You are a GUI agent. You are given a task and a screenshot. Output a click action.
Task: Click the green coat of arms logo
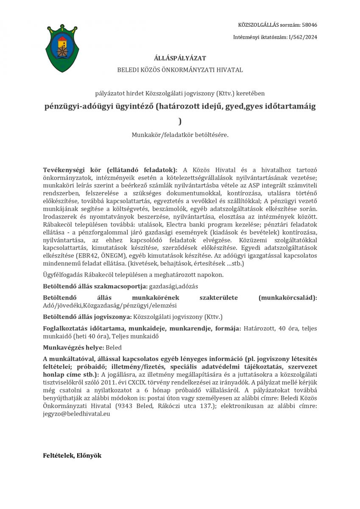[x=62, y=48]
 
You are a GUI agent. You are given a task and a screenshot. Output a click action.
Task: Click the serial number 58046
[x=310, y=25]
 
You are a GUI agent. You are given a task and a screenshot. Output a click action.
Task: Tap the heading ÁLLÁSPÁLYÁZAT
[x=180, y=58]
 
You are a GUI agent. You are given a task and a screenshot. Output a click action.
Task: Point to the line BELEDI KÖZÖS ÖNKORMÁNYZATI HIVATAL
[x=180, y=70]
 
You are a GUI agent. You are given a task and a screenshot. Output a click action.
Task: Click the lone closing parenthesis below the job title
[x=180, y=121]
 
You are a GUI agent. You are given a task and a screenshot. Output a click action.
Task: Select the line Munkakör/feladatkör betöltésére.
[x=180, y=135]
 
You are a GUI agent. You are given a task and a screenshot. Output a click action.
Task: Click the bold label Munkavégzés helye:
[x=73, y=347]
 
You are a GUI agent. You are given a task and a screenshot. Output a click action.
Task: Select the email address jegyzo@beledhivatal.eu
[x=76, y=414]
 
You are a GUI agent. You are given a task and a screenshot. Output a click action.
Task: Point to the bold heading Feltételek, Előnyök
[x=72, y=456]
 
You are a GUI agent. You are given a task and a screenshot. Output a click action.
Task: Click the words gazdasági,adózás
[x=173, y=286]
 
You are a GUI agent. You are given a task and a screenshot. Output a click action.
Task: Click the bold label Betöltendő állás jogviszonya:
[x=87, y=317]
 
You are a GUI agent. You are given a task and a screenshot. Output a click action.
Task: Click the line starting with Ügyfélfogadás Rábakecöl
[x=133, y=275]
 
